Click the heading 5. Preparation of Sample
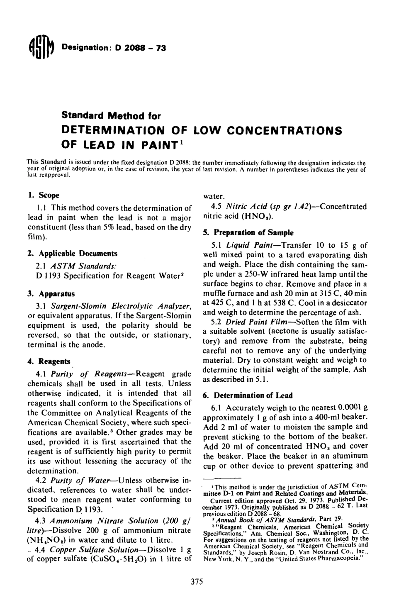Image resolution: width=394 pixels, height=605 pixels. point(248,233)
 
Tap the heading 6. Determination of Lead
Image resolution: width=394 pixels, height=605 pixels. point(248,395)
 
